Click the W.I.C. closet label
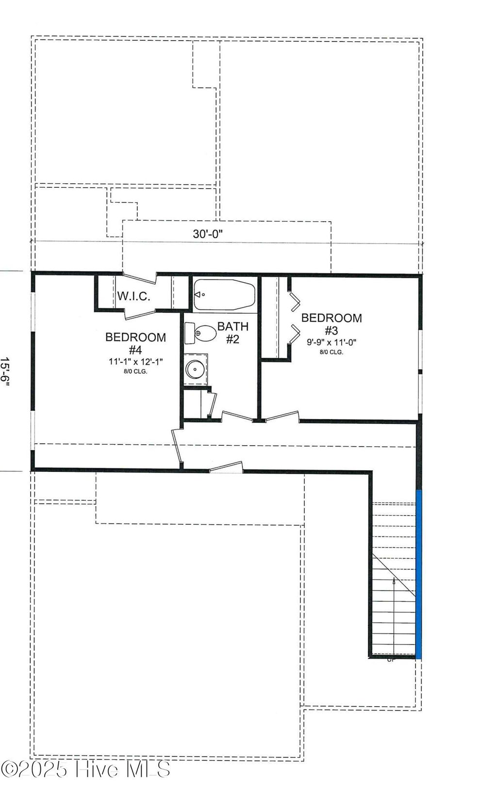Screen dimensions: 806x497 coord(133,296)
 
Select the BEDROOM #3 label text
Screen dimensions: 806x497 coord(331,324)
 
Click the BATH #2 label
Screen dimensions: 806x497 coord(232,332)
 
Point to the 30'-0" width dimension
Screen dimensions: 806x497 coord(208,234)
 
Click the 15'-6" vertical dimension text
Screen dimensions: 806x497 coord(5,371)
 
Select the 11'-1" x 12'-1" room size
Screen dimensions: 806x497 coord(135,361)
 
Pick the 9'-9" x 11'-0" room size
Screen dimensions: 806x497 coord(331,342)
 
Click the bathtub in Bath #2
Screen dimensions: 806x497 coord(224,294)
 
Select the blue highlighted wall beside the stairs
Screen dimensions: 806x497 coord(419,574)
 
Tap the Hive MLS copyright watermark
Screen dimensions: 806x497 coord(85,769)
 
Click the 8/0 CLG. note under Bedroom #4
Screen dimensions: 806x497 coord(135,371)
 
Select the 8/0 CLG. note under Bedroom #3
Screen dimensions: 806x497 coord(331,352)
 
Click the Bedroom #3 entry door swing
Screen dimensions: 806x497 coord(282,416)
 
